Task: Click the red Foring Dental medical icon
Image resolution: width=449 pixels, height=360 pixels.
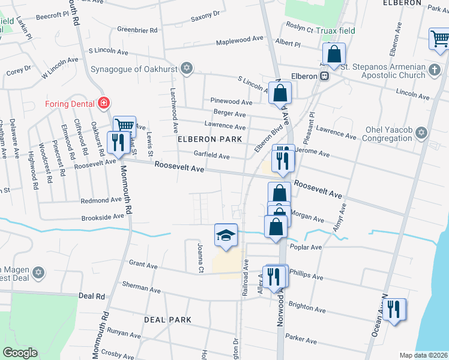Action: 104,103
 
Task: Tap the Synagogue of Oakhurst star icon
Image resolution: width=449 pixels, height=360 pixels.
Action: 187,67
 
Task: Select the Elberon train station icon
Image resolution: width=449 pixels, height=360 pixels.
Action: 324,76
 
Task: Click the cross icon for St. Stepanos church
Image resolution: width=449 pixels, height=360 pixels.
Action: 435,71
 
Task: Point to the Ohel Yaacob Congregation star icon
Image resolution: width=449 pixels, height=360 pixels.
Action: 421,132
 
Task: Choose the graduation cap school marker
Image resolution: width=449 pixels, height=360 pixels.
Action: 226,235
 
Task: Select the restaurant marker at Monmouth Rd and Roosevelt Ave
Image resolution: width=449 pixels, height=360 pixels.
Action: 116,142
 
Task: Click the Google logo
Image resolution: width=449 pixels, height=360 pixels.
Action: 20,353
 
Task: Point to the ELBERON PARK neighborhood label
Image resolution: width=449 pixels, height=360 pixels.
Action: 209,139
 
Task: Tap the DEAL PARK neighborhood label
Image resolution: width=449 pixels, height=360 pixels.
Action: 167,320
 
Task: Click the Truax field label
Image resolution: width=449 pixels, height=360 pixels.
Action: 337,31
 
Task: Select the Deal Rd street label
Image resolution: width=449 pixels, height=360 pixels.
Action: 91,296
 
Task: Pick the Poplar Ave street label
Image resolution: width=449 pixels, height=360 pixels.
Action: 306,247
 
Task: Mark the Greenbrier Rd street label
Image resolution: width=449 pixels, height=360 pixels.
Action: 137,29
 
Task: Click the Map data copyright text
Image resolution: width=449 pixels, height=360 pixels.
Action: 423,355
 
